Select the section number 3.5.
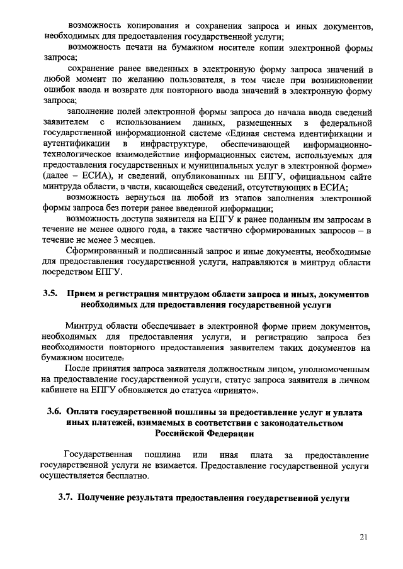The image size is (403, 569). click(x=50, y=294)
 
